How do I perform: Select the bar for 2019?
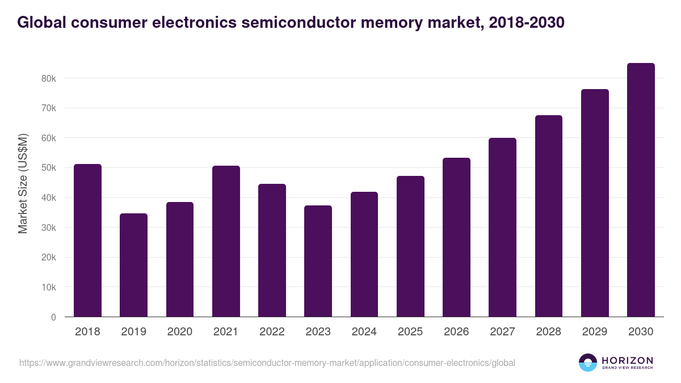(x=133, y=265)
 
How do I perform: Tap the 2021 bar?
(x=226, y=241)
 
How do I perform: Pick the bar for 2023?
(x=318, y=261)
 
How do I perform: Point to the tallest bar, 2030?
(x=641, y=190)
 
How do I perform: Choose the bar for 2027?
(x=502, y=227)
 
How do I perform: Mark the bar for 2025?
(x=410, y=246)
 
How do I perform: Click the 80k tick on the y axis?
(x=49, y=78)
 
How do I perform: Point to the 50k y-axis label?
(x=49, y=168)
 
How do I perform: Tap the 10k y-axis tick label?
(x=49, y=288)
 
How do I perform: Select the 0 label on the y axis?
(x=53, y=317)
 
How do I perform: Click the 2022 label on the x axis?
(x=272, y=332)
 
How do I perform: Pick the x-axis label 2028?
(x=548, y=332)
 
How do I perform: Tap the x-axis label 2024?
(x=364, y=332)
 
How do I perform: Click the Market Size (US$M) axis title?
(x=23, y=183)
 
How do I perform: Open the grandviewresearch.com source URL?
(x=267, y=363)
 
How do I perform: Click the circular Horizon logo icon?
(x=588, y=363)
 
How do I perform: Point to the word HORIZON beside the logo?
(x=627, y=360)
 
